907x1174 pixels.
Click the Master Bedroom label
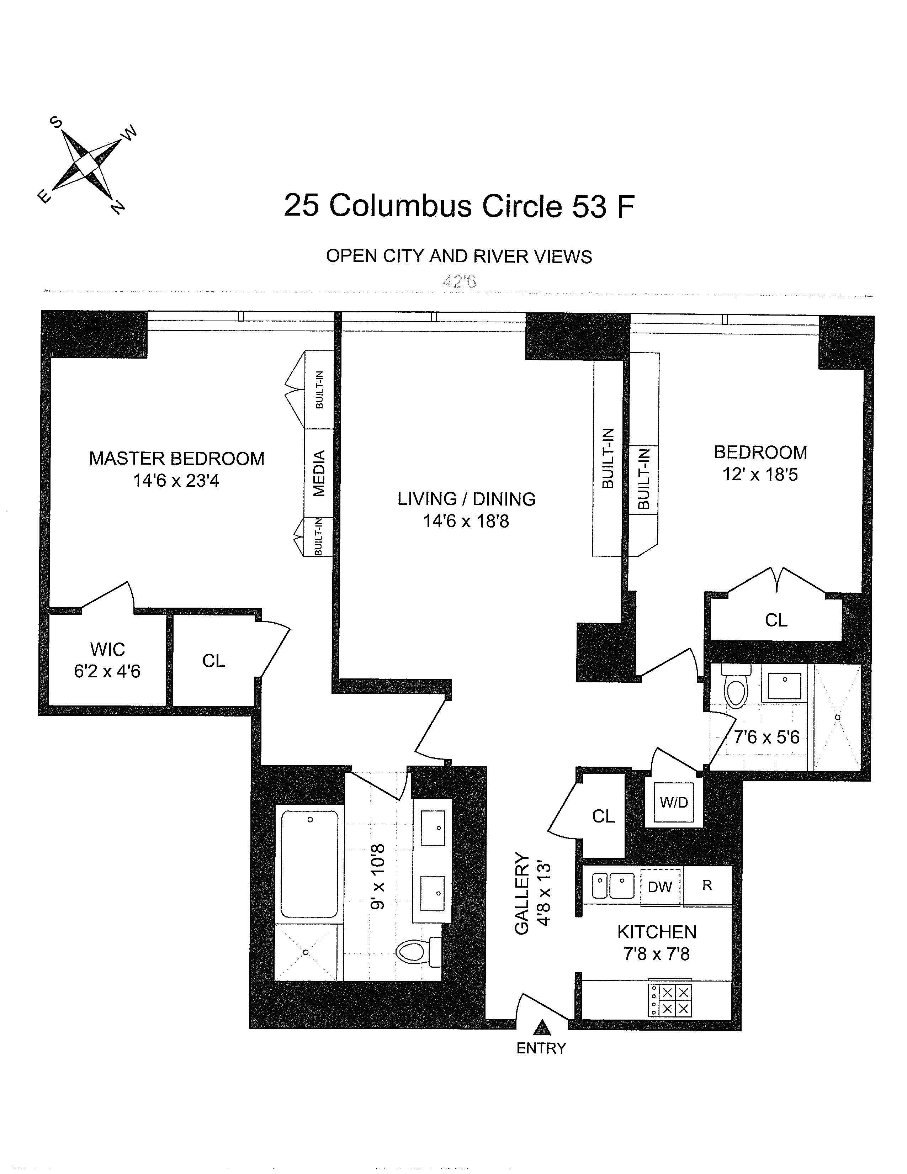click(x=177, y=459)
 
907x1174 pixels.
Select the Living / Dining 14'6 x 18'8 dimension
click(x=466, y=521)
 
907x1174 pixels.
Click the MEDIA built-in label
click(x=319, y=473)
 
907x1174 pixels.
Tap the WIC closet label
click(x=107, y=649)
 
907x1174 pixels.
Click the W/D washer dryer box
click(x=674, y=803)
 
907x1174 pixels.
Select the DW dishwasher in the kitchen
click(x=660, y=887)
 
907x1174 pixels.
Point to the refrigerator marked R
click(x=707, y=885)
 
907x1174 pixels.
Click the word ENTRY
click(x=541, y=1048)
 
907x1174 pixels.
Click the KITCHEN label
click(x=657, y=932)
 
